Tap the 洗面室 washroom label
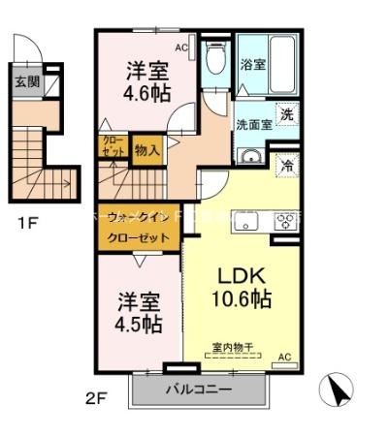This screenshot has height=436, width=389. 255,124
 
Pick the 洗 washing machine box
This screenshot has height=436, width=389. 287,114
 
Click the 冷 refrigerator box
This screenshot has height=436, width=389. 288,165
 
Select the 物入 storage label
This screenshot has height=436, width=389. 146,149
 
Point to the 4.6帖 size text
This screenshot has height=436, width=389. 148,95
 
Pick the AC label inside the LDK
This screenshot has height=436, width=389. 284,357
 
